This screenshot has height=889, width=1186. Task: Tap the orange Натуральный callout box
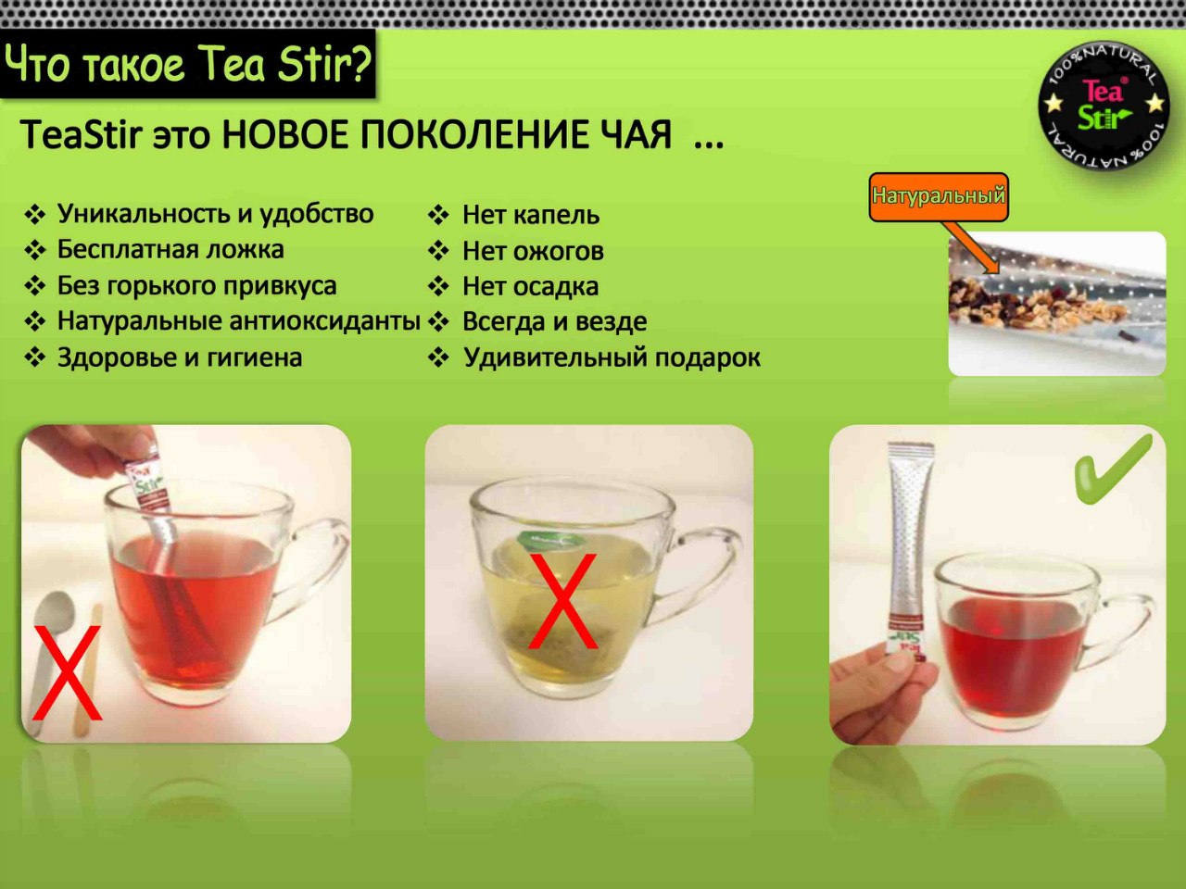pyautogui.click(x=939, y=196)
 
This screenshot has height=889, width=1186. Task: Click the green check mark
pyautogui.click(x=1112, y=470)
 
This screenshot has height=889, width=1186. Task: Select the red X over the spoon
pyautogui.click(x=67, y=672)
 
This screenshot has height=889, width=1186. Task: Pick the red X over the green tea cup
pyautogui.click(x=563, y=601)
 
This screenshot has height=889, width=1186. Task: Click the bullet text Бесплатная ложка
pyautogui.click(x=170, y=250)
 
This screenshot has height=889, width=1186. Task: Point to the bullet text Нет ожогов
pyautogui.click(x=533, y=251)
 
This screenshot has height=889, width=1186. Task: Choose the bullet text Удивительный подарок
pyautogui.click(x=612, y=357)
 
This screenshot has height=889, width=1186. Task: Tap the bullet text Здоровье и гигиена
pyautogui.click(x=180, y=357)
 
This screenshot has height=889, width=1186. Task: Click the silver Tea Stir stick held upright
pyautogui.click(x=910, y=548)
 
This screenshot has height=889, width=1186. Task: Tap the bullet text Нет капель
pyautogui.click(x=531, y=215)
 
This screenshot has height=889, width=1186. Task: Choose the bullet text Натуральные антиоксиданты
pyautogui.click(x=239, y=321)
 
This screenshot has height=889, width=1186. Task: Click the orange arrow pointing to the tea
pyautogui.click(x=970, y=247)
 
